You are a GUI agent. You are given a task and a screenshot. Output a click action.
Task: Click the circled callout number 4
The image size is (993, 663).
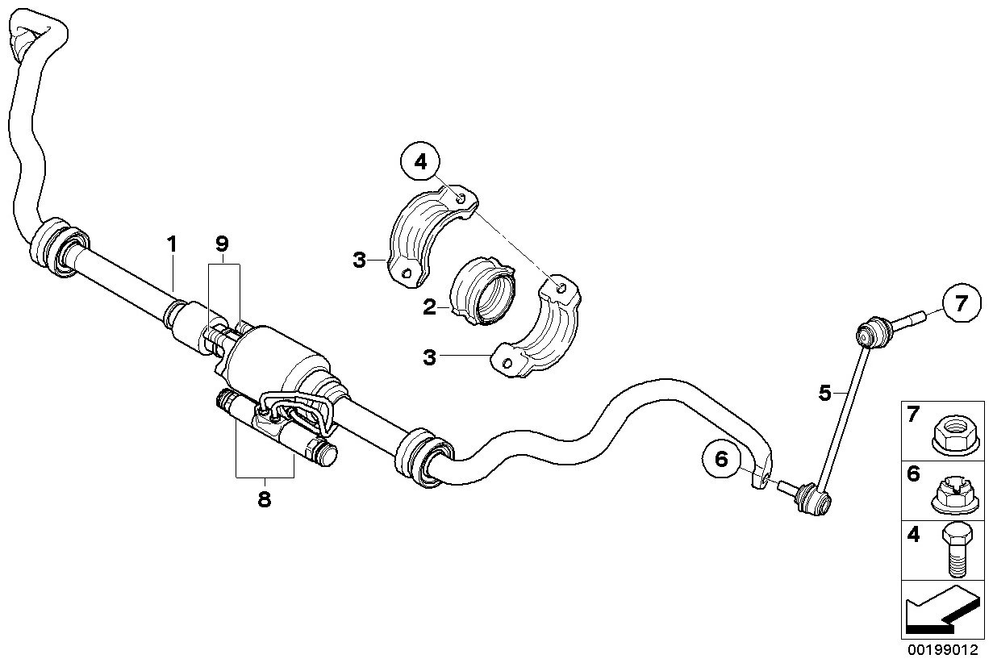coord(419,161)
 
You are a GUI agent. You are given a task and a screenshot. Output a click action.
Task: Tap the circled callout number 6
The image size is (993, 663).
coord(721,459)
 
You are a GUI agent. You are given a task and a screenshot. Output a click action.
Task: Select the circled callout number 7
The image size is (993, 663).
coord(961,303)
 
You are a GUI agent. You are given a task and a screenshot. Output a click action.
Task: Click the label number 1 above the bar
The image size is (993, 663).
coord(172,244)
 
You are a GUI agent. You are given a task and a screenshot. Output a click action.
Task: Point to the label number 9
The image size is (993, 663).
coord(222,244)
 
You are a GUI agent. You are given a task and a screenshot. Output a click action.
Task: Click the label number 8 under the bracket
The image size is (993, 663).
coord(264,499)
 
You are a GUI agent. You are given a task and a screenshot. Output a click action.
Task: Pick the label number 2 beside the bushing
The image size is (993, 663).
coord(429,307)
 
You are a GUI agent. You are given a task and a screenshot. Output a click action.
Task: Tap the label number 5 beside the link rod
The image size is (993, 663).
coord(824,393)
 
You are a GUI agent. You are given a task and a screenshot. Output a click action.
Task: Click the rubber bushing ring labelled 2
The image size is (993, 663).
coord(482,290)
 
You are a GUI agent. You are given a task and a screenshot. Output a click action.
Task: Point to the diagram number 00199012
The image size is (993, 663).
coord(942,650)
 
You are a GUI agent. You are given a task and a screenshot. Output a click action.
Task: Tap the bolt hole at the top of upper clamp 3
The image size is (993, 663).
coord(461,199)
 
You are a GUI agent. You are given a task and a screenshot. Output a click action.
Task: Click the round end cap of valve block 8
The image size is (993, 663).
coord(328,456)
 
